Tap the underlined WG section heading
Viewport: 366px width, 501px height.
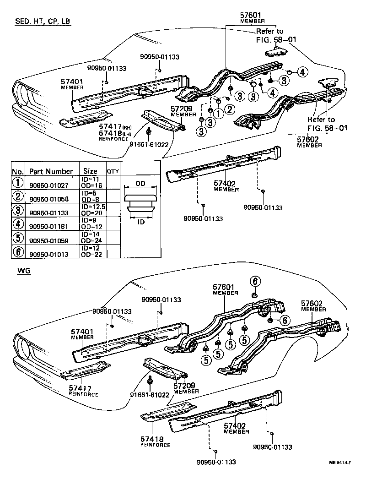[x=24, y=271]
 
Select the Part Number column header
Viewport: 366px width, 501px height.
[x=51, y=172]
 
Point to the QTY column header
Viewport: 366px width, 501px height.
[x=113, y=171]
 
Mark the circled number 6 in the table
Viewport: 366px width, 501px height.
[x=17, y=251]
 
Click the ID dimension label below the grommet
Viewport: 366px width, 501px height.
[x=140, y=222]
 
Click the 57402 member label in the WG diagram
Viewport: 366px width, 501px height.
[x=236, y=426]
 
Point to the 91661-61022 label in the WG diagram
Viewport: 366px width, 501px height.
[x=150, y=395]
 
